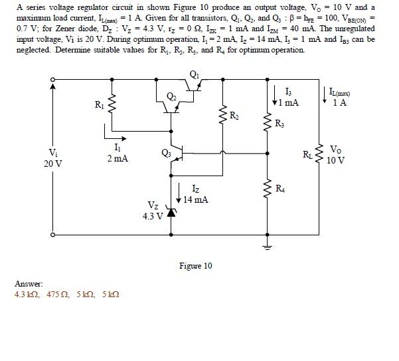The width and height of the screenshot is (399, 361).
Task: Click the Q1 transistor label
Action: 194,74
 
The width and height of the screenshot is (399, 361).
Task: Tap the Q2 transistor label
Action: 171,97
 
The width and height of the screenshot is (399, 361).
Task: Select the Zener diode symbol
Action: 172,213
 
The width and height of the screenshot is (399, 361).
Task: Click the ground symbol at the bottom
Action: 268,247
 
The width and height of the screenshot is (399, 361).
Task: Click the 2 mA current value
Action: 117,160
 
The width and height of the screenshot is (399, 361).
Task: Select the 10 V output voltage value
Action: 337,160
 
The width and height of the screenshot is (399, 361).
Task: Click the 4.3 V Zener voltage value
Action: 153,217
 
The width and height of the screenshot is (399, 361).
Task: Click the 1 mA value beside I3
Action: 289,102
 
